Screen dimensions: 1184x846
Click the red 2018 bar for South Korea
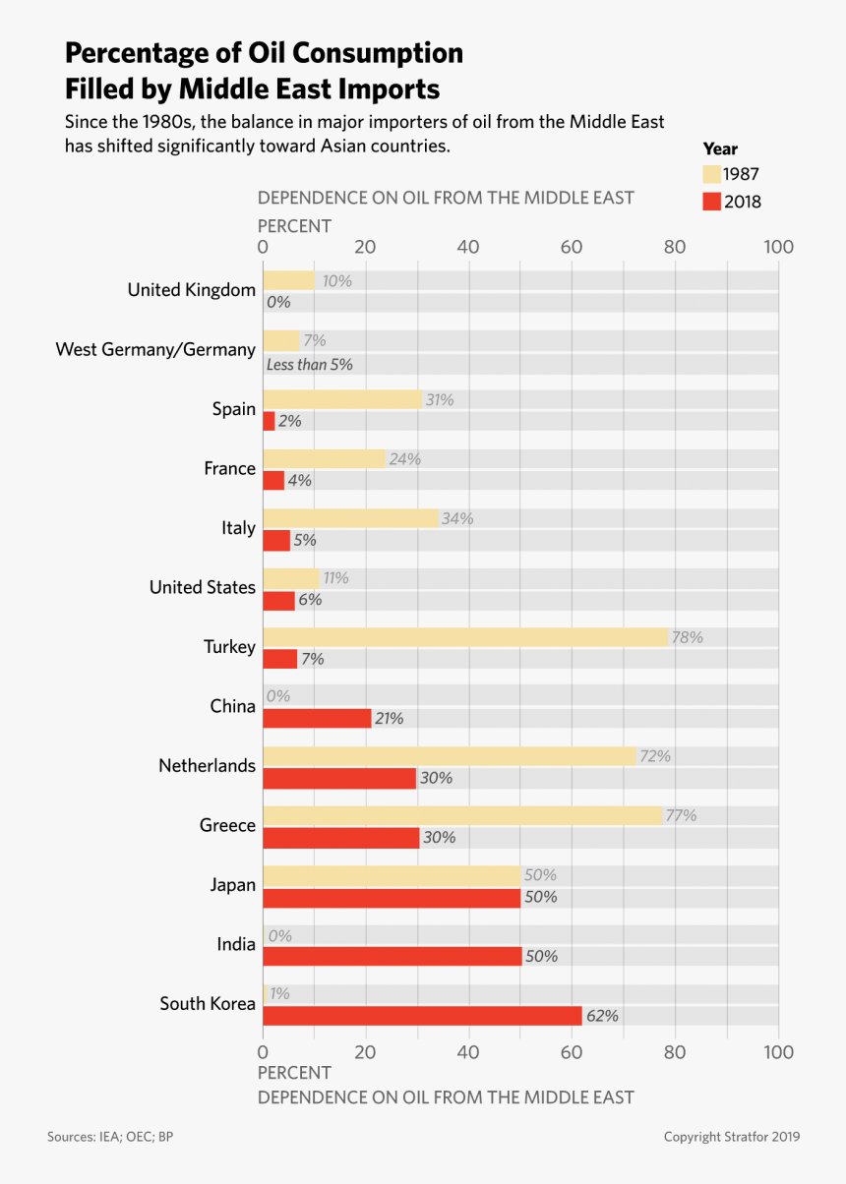pyautogui.click(x=422, y=1016)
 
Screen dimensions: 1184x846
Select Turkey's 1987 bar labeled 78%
pyautogui.click(x=465, y=637)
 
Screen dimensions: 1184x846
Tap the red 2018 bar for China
pyautogui.click(x=317, y=719)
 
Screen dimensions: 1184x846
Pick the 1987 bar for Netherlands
pyautogui.click(x=450, y=756)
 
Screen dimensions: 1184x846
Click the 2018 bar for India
pyautogui.click(x=392, y=956)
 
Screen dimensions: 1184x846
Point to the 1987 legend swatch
pyautogui.click(x=712, y=175)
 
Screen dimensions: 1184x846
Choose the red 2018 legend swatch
pyautogui.click(x=712, y=202)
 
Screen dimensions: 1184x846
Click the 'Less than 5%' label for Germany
pyautogui.click(x=309, y=364)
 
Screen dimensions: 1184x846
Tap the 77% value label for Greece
pyautogui.click(x=681, y=815)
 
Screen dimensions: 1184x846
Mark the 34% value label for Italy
pyautogui.click(x=457, y=518)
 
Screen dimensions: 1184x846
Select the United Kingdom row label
pyautogui.click(x=191, y=290)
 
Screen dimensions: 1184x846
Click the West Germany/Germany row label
pyautogui.click(x=155, y=349)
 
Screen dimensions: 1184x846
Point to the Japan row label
pyautogui.click(x=233, y=885)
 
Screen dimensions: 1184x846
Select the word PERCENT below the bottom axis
pyautogui.click(x=294, y=1073)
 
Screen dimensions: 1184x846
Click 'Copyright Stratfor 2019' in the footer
pyautogui.click(x=731, y=1137)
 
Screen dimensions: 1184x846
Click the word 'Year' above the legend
pyautogui.click(x=720, y=149)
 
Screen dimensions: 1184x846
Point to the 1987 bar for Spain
pyautogui.click(x=342, y=399)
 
